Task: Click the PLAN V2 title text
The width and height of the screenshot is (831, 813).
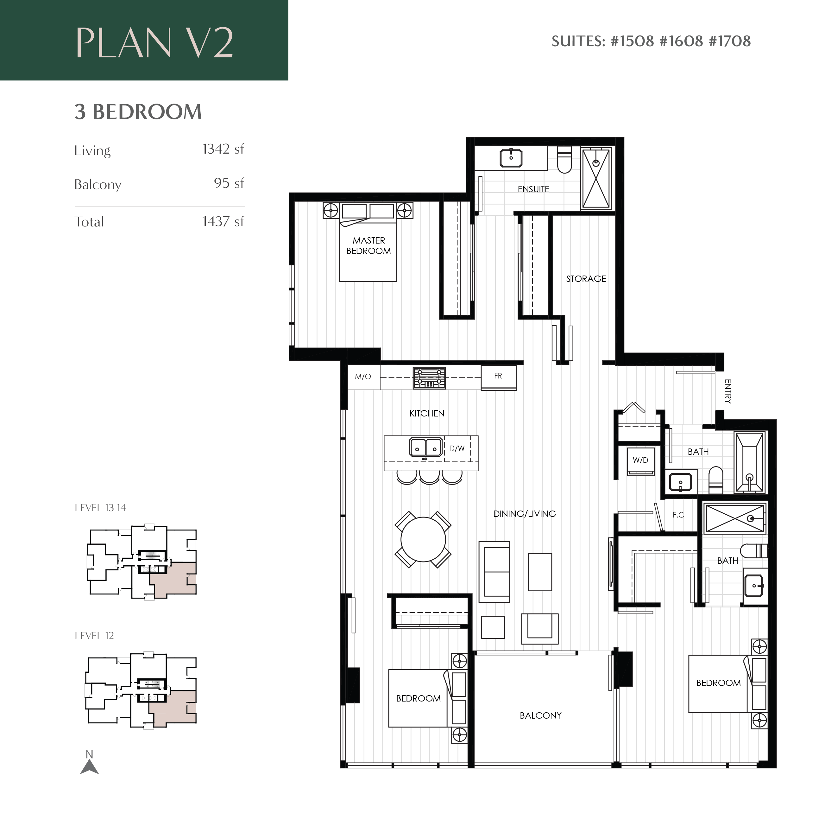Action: click(x=154, y=43)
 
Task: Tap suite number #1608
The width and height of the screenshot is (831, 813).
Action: click(x=681, y=41)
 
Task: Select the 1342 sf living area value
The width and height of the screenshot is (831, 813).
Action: click(x=223, y=149)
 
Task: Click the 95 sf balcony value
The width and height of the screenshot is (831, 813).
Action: click(x=229, y=183)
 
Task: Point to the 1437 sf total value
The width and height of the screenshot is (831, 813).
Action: click(x=223, y=222)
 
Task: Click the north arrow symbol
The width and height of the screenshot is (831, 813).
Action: click(x=89, y=767)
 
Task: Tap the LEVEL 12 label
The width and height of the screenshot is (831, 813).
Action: click(x=94, y=636)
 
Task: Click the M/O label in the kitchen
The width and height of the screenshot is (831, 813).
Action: click(x=363, y=377)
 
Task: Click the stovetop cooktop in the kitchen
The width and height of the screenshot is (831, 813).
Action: click(x=429, y=378)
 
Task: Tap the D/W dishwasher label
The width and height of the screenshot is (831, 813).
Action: click(x=457, y=449)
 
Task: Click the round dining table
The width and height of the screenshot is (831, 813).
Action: click(x=423, y=540)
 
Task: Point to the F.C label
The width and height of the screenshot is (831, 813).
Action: click(x=678, y=515)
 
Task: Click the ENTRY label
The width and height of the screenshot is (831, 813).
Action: click(x=728, y=391)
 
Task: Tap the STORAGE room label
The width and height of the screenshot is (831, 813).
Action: click(x=586, y=279)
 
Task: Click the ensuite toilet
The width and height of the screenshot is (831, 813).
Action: click(x=564, y=160)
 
